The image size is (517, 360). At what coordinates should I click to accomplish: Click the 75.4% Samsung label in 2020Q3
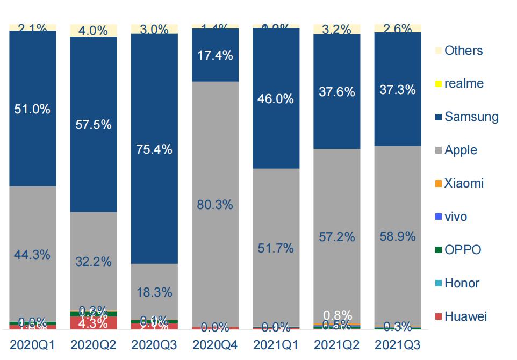pos(154,149)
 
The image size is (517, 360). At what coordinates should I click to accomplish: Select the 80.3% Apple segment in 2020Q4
pos(215,205)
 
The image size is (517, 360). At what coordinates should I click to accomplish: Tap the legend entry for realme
pos(464,84)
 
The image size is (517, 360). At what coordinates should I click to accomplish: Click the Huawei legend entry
pos(465,316)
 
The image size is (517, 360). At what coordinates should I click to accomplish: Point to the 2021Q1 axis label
pos(276,344)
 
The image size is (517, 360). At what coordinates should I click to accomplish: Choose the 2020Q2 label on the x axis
pos(94,344)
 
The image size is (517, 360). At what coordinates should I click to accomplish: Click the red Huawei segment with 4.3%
pos(94,323)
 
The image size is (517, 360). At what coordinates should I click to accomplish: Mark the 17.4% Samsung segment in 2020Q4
pos(215,55)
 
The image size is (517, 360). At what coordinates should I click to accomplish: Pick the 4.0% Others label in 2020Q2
pos(94,31)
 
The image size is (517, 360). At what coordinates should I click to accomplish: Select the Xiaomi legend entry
pos(464,183)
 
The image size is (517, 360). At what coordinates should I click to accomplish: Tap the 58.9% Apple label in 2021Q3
pos(397,236)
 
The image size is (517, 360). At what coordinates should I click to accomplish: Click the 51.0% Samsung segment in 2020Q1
pos(33,109)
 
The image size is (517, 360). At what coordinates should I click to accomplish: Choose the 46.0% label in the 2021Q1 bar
pos(276,99)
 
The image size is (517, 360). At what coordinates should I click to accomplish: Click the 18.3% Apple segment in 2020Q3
pos(154,292)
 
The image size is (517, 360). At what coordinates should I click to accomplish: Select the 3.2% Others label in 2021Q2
pos(336,30)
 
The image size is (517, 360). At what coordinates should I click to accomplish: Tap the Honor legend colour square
pos(439,283)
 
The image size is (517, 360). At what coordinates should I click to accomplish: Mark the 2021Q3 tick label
pos(397,344)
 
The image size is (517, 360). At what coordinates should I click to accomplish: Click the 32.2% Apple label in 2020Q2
pos(94,262)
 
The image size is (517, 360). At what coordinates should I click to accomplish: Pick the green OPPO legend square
pos(439,250)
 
